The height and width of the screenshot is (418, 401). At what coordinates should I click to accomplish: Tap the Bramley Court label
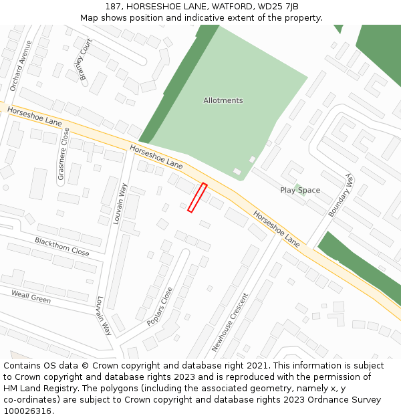(x=85, y=64)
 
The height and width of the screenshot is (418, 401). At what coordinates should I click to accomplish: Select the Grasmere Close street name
(x=62, y=154)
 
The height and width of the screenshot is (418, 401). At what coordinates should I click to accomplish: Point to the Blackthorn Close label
(x=62, y=247)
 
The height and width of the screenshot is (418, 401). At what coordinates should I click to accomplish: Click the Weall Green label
(x=31, y=296)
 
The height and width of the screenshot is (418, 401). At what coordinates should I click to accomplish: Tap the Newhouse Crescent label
(x=230, y=322)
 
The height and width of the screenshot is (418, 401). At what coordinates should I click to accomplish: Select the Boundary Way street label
(x=340, y=195)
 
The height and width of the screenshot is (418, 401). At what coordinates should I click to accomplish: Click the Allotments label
(x=223, y=100)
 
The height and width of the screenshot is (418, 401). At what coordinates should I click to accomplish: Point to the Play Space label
(x=300, y=190)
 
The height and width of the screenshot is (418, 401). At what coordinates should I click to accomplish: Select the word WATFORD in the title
(x=237, y=7)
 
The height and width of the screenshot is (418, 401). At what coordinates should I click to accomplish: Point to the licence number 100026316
(x=27, y=411)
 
